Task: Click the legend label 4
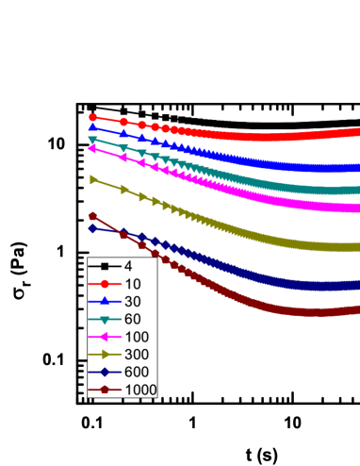point(128,267)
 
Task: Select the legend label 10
point(132,284)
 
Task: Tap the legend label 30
point(132,302)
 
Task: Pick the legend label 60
point(132,319)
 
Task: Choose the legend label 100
point(136,337)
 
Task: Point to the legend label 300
point(136,355)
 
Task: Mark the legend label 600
point(136,372)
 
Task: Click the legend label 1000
point(139,390)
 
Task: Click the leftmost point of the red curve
point(92,117)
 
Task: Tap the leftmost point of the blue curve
point(92,127)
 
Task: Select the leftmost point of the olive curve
point(93,179)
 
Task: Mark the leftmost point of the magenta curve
point(92,148)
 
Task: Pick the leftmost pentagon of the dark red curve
point(93,216)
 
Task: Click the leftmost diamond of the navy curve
point(93,228)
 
